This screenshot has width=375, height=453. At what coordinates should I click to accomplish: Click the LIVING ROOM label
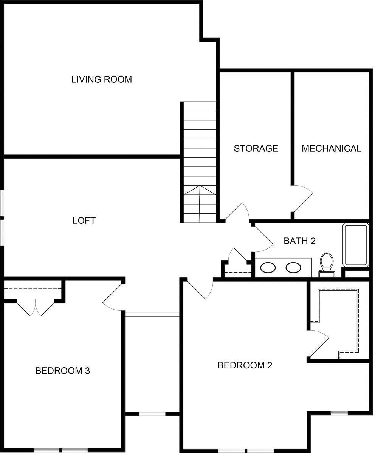(x=101, y=79)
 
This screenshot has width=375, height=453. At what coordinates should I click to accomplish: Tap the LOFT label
(x=84, y=220)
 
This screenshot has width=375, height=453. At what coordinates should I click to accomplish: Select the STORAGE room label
(x=256, y=148)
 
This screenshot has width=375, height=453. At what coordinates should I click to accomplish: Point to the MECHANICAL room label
(x=331, y=148)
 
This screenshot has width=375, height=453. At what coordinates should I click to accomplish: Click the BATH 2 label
(x=300, y=241)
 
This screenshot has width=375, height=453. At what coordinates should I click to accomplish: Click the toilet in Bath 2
(x=327, y=265)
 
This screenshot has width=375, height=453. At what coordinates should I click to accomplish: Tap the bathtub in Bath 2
(x=356, y=245)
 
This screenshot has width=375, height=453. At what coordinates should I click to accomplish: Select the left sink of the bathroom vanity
(x=268, y=268)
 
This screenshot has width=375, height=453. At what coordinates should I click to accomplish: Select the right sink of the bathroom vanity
(x=293, y=268)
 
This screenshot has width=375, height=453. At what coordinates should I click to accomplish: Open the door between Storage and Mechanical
(x=303, y=199)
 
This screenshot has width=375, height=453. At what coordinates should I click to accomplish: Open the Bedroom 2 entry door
(x=200, y=290)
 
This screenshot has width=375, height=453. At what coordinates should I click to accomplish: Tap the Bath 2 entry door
(x=263, y=238)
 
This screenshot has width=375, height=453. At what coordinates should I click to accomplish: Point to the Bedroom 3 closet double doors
(x=36, y=308)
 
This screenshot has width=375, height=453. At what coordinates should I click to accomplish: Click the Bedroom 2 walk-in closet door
(x=319, y=344)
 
